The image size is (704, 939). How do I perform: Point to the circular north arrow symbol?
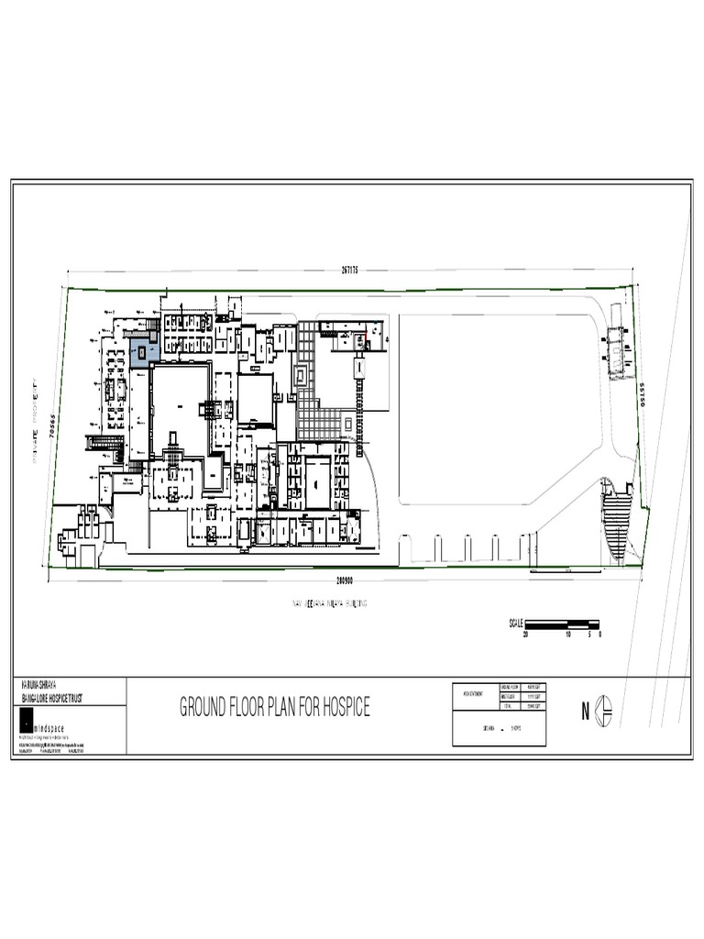click(x=603, y=712)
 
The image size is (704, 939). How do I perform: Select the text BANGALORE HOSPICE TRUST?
click(x=55, y=698)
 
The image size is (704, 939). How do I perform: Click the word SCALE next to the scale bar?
click(x=519, y=624)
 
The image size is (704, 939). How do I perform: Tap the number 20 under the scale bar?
click(x=526, y=634)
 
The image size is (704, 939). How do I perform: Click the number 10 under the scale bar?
click(x=569, y=634)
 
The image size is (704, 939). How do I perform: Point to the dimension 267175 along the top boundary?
click(x=349, y=270)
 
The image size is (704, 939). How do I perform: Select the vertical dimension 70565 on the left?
click(x=52, y=420)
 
